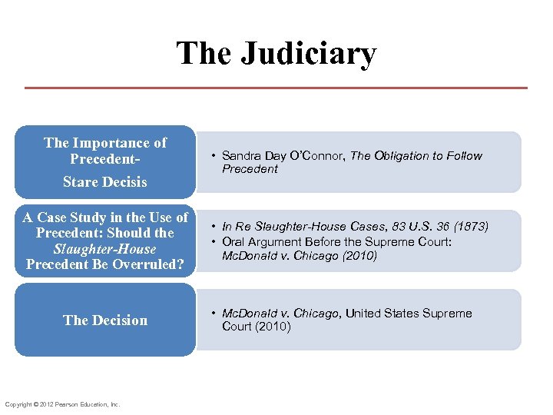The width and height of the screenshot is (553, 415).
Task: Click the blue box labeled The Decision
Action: pyautogui.click(x=105, y=320)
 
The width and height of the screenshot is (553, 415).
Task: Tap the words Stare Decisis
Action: pyautogui.click(x=105, y=182)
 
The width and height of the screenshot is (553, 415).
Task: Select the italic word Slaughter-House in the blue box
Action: pyautogui.click(x=105, y=249)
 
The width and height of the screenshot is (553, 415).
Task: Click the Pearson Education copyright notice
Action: pyautogui.click(x=62, y=404)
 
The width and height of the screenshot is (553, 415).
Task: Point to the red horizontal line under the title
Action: pyautogui.click(x=276, y=88)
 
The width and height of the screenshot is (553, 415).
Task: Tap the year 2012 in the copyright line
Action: pyautogui.click(x=44, y=404)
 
